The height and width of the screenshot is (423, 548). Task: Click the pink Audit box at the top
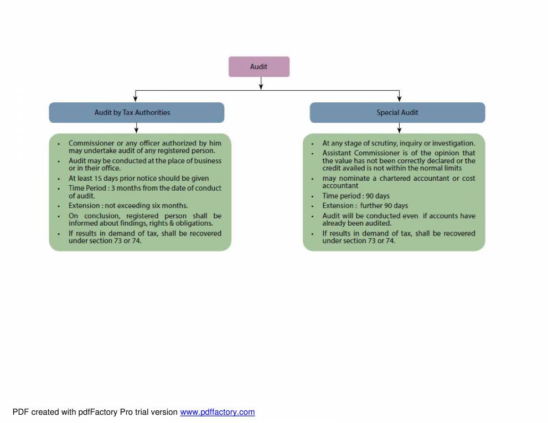point(259,66)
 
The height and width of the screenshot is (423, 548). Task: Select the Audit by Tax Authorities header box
point(136,112)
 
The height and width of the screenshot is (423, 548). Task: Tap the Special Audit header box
point(397,112)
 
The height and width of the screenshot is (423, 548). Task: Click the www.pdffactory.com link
point(217,412)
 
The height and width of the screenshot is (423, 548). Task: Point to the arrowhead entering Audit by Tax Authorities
point(136,99)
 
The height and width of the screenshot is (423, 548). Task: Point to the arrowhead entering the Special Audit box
point(399,99)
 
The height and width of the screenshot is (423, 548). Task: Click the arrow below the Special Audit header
point(399,128)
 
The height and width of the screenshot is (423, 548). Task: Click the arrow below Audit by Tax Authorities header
point(136,128)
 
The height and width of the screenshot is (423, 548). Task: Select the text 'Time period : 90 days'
point(356,196)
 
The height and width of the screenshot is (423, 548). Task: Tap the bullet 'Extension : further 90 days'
point(365,206)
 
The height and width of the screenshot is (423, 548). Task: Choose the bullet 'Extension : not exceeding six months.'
point(128,206)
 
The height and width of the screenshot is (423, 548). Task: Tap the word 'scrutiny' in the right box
point(380,143)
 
